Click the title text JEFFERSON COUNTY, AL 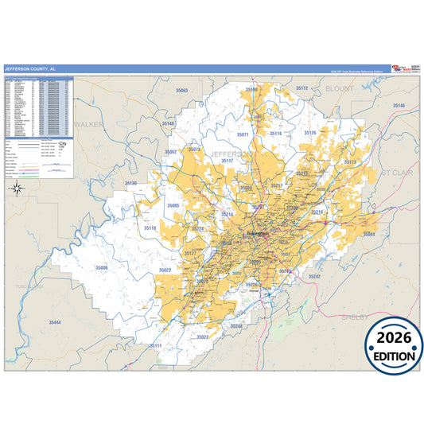(x=30, y=69)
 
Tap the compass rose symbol (x=17, y=189)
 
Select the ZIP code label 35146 (x=398, y=106)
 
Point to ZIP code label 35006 (x=101, y=268)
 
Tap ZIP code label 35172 (x=301, y=88)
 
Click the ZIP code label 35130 (x=130, y=184)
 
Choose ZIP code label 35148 (x=168, y=124)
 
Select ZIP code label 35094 (x=368, y=234)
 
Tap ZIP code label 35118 (x=150, y=228)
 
